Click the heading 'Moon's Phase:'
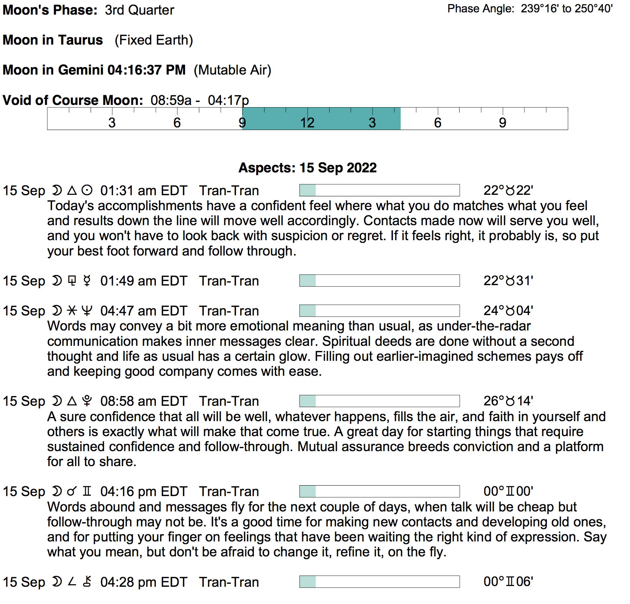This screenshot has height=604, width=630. click(50, 10)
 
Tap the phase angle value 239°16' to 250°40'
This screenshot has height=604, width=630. click(566, 9)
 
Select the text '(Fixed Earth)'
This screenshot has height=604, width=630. click(154, 40)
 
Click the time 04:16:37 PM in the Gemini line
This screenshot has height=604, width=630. click(146, 70)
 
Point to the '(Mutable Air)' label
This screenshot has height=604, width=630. click(232, 70)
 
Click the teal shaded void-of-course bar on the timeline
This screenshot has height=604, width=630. click(321, 119)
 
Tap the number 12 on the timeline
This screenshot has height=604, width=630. click(307, 123)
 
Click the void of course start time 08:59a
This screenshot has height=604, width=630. click(171, 100)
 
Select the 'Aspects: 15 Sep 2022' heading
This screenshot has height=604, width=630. click(308, 168)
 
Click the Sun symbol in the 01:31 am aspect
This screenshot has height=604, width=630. click(87, 191)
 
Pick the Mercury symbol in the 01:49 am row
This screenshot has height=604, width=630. click(87, 281)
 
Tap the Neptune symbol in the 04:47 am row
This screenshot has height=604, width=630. click(87, 311)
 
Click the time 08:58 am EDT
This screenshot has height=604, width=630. click(143, 401)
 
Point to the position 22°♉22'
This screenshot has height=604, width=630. click(508, 191)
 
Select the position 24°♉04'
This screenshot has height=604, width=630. click(508, 311)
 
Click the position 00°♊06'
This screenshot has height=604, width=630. click(508, 582)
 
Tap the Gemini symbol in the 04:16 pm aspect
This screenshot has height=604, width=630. click(87, 492)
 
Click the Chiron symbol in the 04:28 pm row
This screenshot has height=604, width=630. click(87, 582)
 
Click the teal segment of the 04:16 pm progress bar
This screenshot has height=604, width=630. click(308, 492)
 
